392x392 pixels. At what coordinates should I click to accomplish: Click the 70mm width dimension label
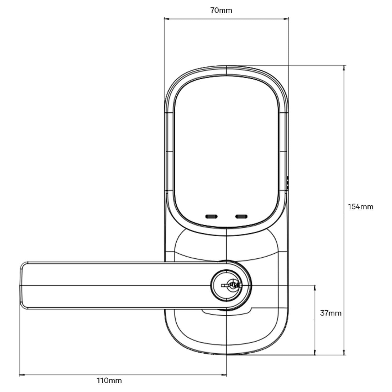coord(221,10)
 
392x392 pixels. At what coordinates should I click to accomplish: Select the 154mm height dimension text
coord(360,207)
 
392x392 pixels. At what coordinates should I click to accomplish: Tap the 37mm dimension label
coord(331,313)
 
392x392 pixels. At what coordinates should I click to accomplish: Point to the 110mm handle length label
coord(109,380)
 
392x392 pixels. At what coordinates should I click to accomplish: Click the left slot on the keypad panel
coord(211,216)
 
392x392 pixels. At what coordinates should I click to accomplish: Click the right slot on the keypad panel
coord(241,216)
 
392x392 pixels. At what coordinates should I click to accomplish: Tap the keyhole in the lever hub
coord(231,285)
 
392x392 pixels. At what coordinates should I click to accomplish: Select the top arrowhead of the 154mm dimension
coord(344,67)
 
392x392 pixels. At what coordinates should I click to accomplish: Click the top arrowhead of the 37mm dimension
coord(315,287)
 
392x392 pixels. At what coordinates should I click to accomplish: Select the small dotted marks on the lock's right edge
coord(287,182)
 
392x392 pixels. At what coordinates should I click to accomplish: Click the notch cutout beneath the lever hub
coord(226,312)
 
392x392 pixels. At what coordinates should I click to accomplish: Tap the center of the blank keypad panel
coord(226,149)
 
